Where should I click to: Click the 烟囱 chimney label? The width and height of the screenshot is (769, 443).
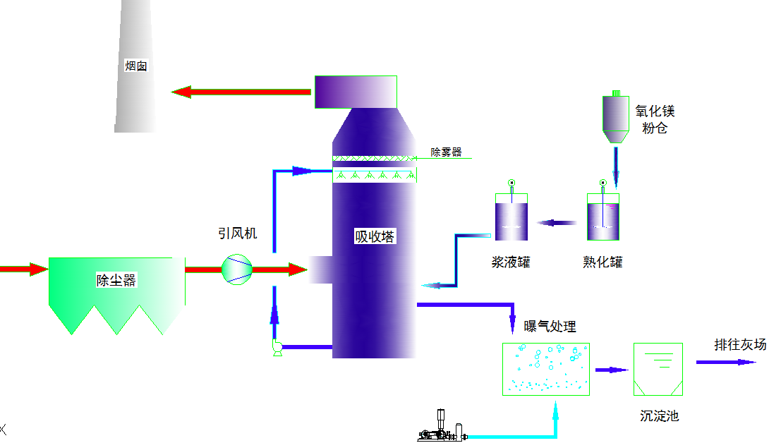coord(136,66)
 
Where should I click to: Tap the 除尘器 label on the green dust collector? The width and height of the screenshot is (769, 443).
coord(116,280)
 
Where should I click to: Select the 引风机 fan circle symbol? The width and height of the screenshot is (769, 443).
coord(237,269)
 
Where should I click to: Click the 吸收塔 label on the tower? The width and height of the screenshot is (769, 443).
coord(375,236)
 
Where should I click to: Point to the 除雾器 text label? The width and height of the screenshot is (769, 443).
coord(447,152)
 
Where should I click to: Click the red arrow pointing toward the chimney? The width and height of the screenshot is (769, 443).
coord(241,92)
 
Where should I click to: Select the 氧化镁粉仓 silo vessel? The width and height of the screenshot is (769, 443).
coord(615,117)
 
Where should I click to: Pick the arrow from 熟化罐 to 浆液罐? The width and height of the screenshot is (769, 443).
coord(557,223)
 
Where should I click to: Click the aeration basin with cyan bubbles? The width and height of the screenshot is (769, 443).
coord(546,369)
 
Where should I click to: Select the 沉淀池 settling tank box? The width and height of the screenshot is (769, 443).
coord(658,369)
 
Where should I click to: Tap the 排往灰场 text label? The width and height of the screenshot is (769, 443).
coord(740,344)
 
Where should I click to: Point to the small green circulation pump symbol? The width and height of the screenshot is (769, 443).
coord(277,347)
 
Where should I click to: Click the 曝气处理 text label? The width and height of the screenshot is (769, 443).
coord(550,326)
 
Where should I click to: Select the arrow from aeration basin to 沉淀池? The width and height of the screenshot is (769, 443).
coord(612,370)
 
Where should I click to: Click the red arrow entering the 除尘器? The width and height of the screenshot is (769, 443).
coord(24,269)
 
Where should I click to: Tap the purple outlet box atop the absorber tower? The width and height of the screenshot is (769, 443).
coord(356,92)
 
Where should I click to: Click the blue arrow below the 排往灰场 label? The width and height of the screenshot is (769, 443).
coord(726,362)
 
